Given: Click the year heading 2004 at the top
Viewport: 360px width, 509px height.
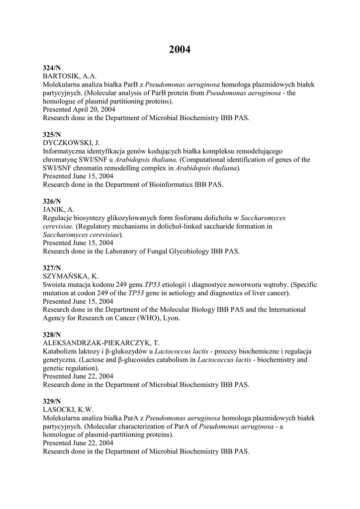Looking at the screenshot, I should coord(180,49).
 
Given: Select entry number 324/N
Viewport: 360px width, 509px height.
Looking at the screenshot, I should coord(52,68).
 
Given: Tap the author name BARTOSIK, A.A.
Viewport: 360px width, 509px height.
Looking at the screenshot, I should coord(70,76).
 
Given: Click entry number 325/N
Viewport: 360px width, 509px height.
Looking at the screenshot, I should coord(52,135).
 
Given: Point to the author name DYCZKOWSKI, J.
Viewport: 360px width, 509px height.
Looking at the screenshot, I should coord(72,143).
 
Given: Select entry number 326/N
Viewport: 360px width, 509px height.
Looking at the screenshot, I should coord(52,201).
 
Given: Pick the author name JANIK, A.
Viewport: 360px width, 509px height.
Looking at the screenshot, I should coord(59,210).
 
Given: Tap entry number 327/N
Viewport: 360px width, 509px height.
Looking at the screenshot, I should coord(52,268).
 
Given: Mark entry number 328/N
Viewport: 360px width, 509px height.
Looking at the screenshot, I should coord(52,335).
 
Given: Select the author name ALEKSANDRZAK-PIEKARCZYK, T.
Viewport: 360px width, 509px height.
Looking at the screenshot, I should coord(101,343).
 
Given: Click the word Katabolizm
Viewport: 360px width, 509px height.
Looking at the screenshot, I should coord(60,352).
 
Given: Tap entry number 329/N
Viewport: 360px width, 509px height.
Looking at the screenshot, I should coord(52,402).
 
